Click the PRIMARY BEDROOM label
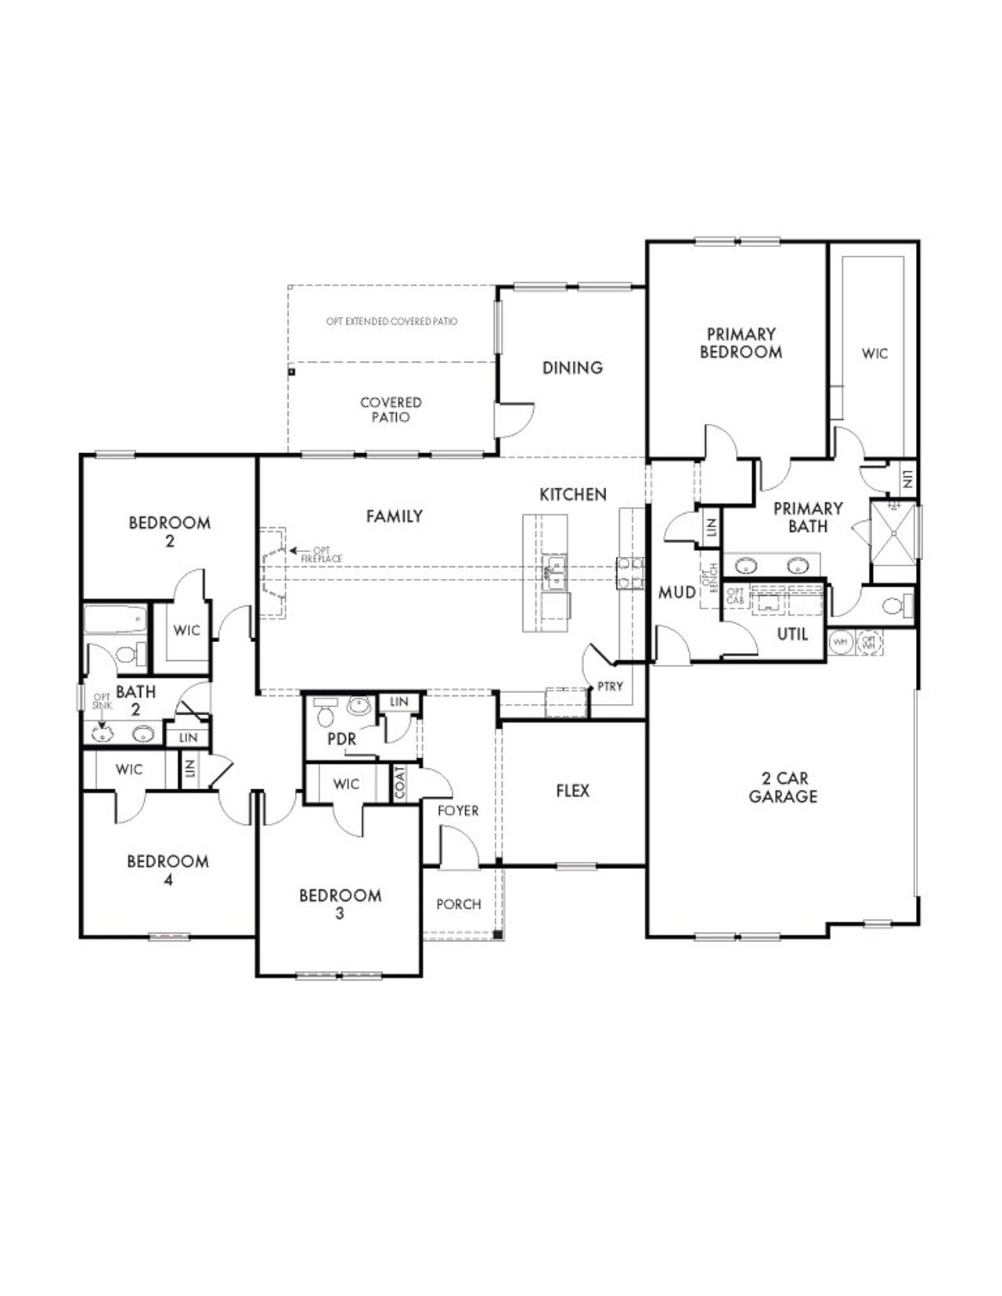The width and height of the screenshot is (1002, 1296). [x=741, y=343]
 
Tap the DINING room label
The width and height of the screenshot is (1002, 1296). [x=572, y=368]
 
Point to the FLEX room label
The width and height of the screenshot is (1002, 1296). [x=572, y=791]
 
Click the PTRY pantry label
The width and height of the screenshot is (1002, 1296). [x=610, y=686]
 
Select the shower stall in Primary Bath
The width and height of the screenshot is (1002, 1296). [x=894, y=531]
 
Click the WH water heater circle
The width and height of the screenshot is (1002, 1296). [x=841, y=641]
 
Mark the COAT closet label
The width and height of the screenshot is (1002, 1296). [x=400, y=782]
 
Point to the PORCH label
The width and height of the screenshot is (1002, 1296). [x=459, y=904]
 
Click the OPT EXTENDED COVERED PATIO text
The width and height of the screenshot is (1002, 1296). [x=391, y=321]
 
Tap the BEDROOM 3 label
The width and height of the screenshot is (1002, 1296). [x=340, y=904]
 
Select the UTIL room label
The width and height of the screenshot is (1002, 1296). [x=792, y=634]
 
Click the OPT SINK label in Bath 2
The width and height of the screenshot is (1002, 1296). [x=102, y=701]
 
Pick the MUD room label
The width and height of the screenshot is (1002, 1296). [x=676, y=593]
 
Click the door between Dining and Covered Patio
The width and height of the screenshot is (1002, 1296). [x=513, y=421]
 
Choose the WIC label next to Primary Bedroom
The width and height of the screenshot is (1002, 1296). [x=874, y=354]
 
